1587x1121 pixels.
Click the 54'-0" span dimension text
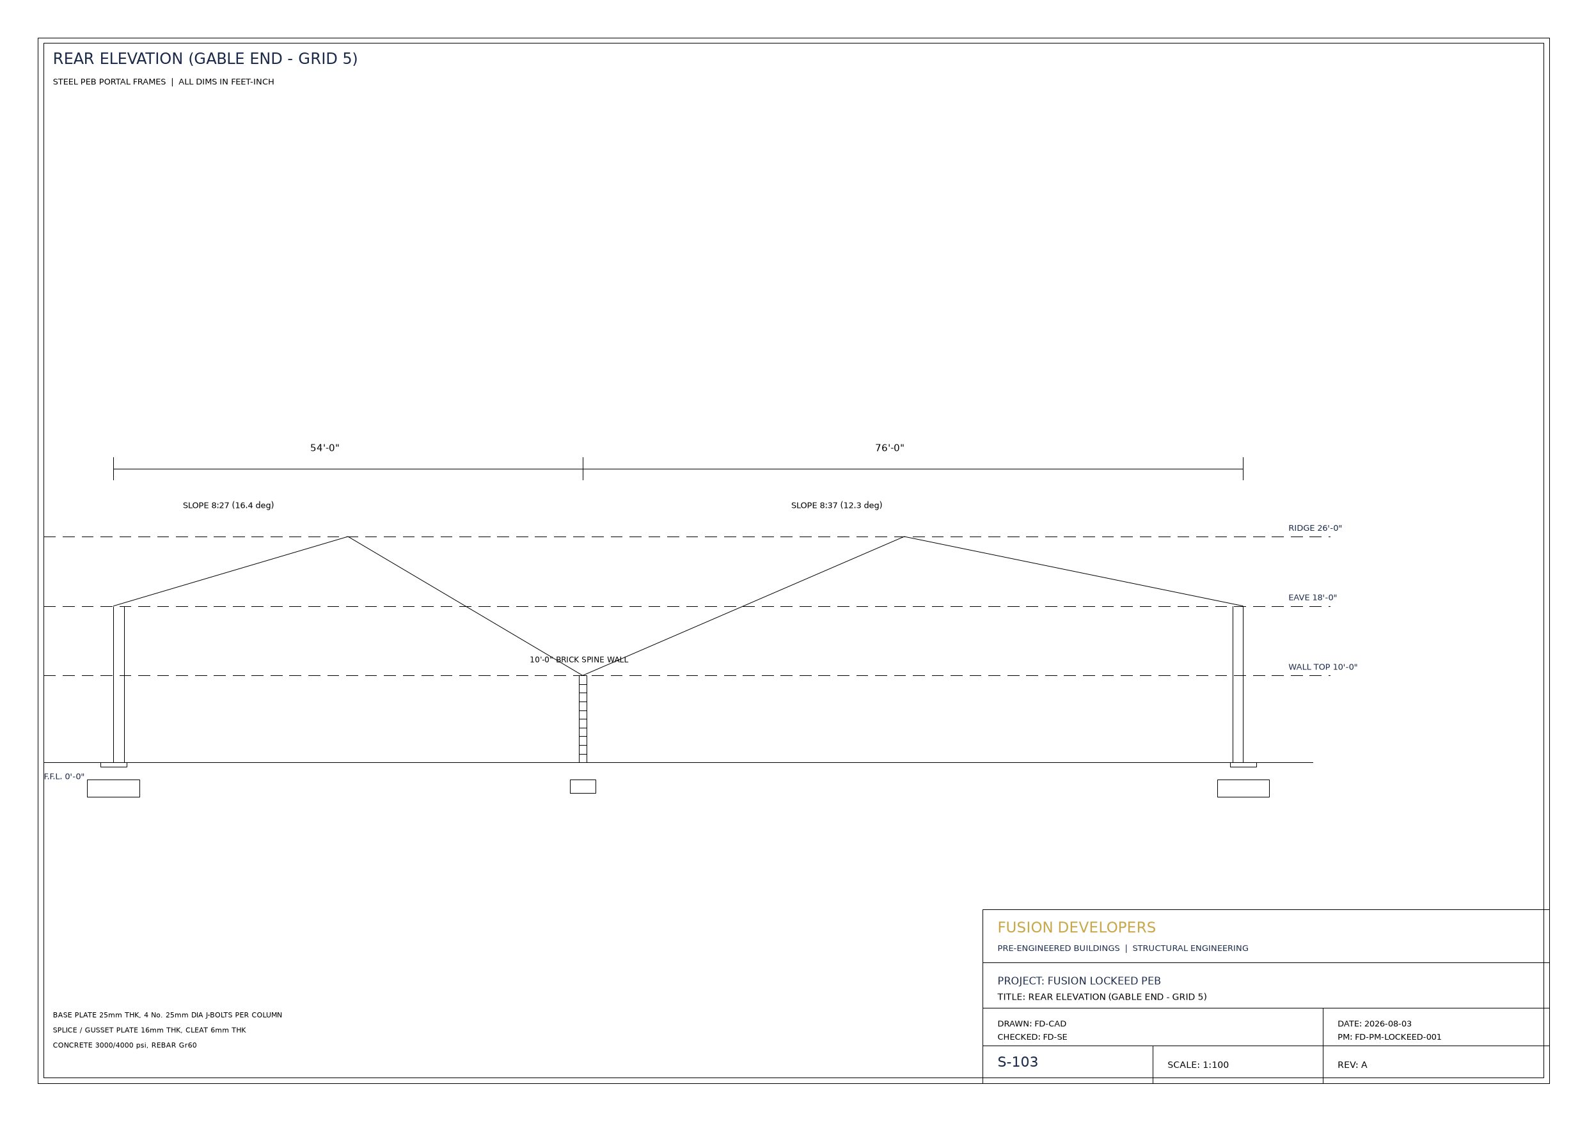[324, 448]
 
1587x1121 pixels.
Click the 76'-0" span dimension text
[889, 448]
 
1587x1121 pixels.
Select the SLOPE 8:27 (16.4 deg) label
[228, 505]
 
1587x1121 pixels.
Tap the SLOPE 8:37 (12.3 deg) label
[836, 505]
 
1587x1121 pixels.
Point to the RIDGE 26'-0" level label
[1315, 528]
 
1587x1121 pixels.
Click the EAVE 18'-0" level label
[1312, 598]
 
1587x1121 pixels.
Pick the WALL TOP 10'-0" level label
[1322, 667]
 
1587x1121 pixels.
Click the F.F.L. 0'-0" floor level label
[64, 776]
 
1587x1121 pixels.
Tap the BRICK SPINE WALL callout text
[592, 659]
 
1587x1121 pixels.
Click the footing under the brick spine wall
[583, 787]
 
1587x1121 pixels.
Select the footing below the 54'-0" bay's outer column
[113, 788]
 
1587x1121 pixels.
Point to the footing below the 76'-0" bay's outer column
[1243, 788]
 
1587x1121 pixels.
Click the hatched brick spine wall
[583, 719]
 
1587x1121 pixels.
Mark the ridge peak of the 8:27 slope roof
[348, 537]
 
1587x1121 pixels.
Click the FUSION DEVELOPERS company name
[1076, 927]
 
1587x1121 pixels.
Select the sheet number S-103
[1018, 1062]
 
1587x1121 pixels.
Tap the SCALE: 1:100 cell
[1198, 1065]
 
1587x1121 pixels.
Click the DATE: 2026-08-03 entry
[1374, 1024]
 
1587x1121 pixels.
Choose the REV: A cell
[1352, 1065]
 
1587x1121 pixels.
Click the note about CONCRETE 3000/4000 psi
[125, 1045]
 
